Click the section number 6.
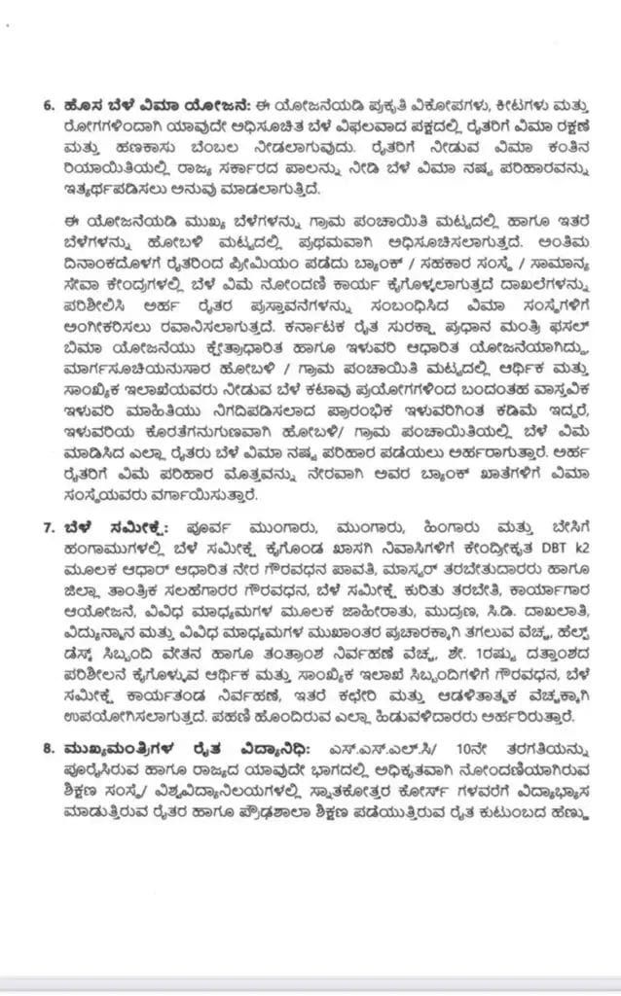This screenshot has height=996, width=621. pyautogui.click(x=49, y=105)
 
